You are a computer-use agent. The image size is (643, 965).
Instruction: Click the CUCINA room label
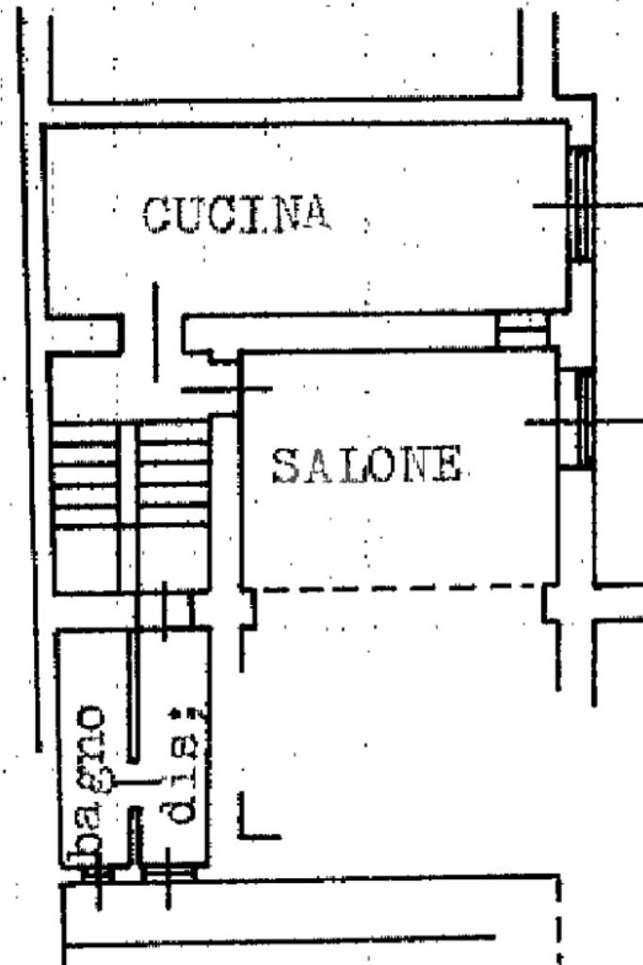pyautogui.click(x=237, y=214)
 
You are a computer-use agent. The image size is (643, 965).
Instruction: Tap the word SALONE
pyautogui.click(x=367, y=466)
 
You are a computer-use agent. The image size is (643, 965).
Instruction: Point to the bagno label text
pyautogui.click(x=90, y=783)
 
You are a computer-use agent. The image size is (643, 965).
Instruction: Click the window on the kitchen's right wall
pyautogui.click(x=584, y=204)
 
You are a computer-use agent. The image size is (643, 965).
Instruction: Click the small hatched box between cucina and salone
pyautogui.click(x=522, y=329)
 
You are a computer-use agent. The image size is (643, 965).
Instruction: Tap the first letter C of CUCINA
pyautogui.click(x=156, y=214)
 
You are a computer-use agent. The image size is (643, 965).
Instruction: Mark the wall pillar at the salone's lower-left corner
pyautogui.click(x=247, y=607)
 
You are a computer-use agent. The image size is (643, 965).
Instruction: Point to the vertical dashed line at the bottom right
pyautogui.click(x=560, y=919)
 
